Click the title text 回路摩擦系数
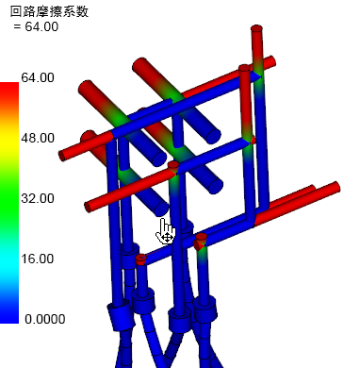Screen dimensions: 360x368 (49, 11)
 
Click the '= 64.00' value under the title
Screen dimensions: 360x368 (36, 26)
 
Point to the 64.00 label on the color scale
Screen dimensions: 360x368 (38, 77)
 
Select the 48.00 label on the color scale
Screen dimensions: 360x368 (38, 138)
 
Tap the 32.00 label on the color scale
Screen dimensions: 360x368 (38, 198)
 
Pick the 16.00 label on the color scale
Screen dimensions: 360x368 (38, 259)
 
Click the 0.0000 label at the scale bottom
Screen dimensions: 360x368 (45, 319)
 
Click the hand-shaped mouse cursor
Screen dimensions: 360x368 (166, 231)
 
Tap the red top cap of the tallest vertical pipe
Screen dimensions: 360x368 (256, 28)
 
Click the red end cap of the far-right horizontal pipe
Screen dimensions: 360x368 (336, 188)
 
